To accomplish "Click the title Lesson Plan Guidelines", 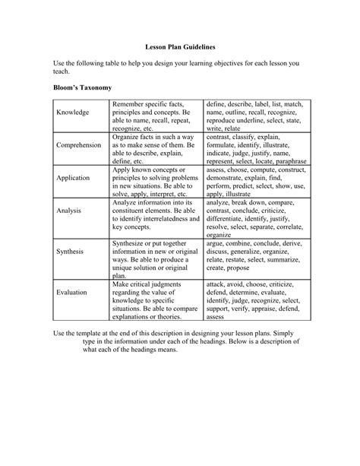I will pyautogui.click(x=179, y=46).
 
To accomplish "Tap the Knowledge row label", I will pyautogui.click(x=73, y=113).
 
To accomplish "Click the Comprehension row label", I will pyautogui.click(x=79, y=144).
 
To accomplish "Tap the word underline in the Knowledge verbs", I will pyautogui.click(x=258, y=120).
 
